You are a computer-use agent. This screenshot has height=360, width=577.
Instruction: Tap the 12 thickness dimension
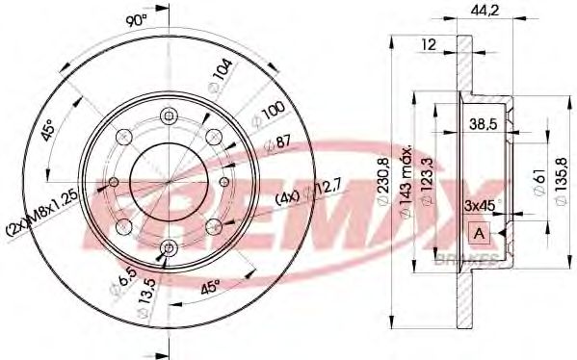[x=430, y=43]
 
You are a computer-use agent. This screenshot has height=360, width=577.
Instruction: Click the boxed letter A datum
[x=477, y=233]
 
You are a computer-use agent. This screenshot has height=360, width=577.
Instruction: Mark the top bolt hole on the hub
[x=169, y=116]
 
